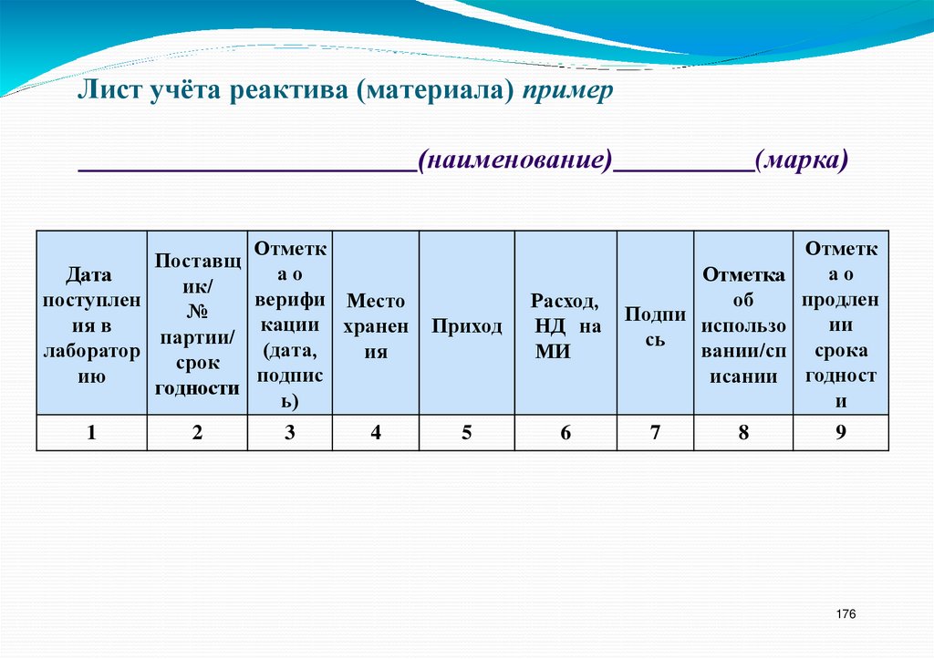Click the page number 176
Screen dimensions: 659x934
click(846, 615)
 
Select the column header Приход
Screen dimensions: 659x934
click(467, 326)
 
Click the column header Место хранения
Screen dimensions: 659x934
click(376, 326)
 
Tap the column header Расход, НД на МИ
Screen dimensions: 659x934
click(566, 326)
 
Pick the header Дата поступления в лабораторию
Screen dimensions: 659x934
click(91, 324)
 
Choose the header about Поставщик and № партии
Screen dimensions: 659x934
click(198, 324)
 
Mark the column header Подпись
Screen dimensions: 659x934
click(655, 326)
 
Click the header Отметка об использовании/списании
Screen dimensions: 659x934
click(743, 325)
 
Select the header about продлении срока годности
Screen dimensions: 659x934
click(841, 324)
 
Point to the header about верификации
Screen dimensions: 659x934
click(289, 324)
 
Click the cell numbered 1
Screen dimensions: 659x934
click(91, 433)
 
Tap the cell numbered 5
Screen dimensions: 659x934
click(467, 433)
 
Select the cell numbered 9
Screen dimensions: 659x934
click(841, 433)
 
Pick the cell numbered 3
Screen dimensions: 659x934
click(289, 433)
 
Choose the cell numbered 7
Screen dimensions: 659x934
click(655, 433)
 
